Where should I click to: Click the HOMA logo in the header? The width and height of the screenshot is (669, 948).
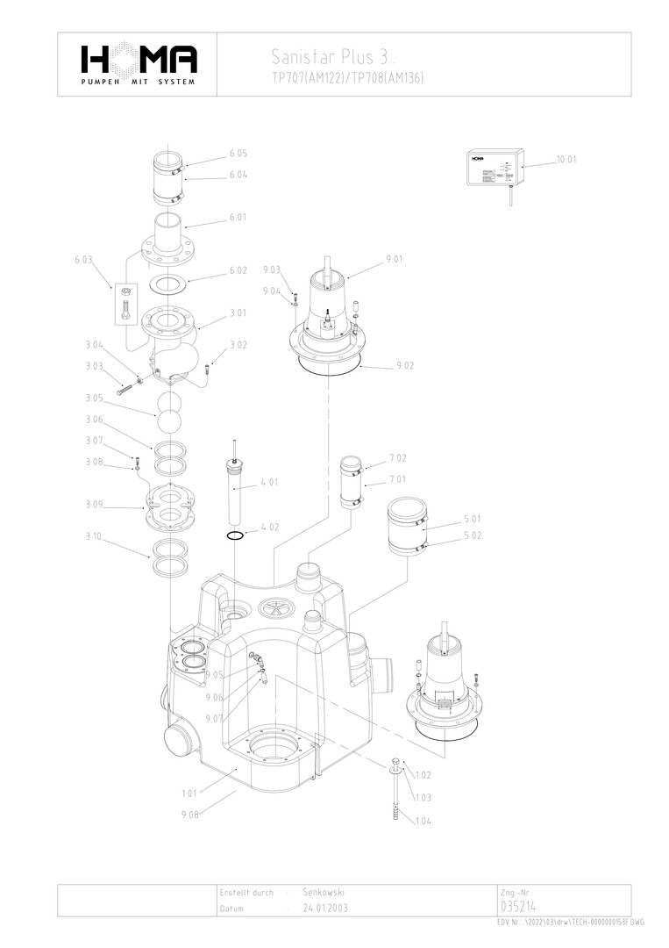139,62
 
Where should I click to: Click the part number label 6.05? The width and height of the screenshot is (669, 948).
238,154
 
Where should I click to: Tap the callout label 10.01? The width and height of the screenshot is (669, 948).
566,160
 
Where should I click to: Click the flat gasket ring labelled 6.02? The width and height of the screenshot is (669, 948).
169,284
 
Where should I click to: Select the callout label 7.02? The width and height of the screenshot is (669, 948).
398,458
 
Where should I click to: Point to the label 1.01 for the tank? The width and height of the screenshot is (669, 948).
189,793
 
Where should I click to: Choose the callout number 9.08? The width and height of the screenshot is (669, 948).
189,815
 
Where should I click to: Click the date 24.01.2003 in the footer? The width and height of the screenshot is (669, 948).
324,908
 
